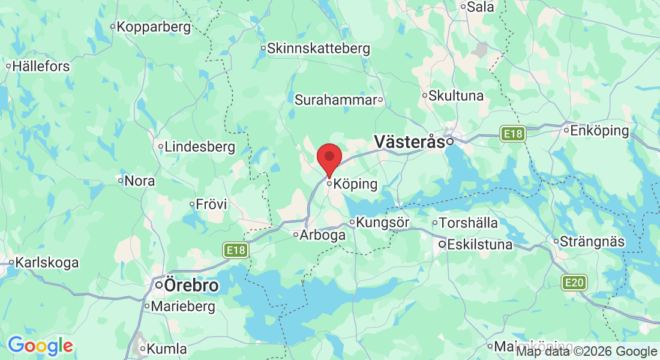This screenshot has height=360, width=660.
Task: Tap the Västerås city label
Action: tap(410, 142)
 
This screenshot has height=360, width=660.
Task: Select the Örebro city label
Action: tap(191, 286)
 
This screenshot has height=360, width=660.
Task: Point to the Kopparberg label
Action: tap(154, 27)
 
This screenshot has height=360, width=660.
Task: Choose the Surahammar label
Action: tap(335, 100)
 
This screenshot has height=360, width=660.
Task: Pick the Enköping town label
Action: tap(599, 130)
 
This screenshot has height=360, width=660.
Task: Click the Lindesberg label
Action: tap(200, 146)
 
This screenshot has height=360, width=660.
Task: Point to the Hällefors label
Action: tap(41, 67)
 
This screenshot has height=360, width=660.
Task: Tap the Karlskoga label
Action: tap(47, 262)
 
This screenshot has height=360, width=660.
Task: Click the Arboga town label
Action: tap(323, 235)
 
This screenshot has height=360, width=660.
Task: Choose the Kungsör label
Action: tap(382, 223)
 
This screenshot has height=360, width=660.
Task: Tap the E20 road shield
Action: tap(574, 282)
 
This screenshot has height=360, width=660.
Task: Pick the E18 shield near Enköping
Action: tap(514, 134)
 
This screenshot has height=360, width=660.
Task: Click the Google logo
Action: tap(40, 346)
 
